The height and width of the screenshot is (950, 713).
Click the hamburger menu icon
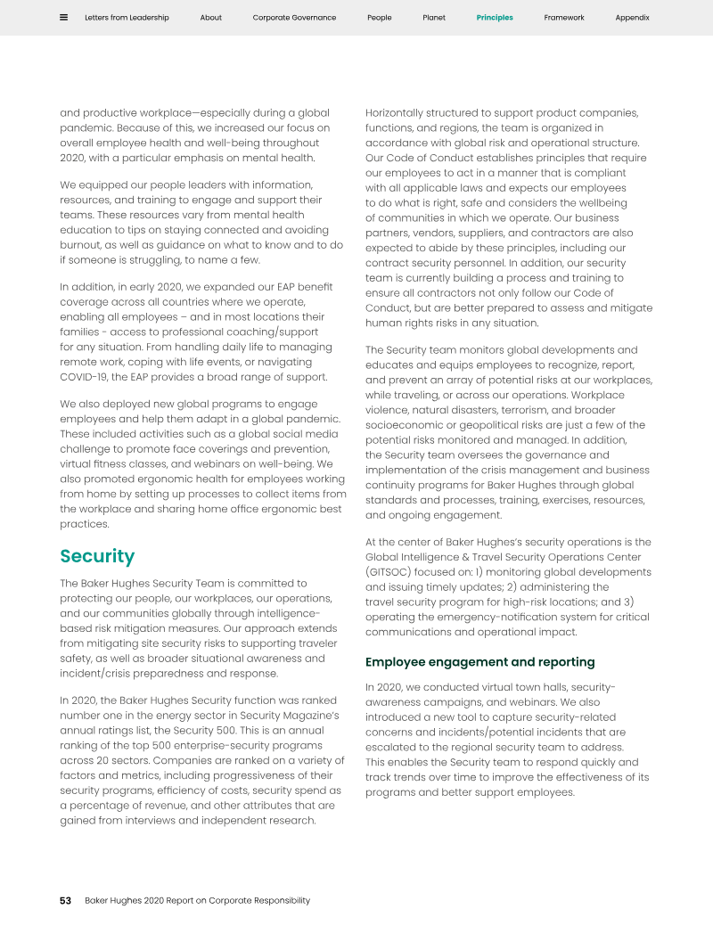(64, 17)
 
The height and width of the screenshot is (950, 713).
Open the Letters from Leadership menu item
(127, 18)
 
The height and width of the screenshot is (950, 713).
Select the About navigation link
(211, 18)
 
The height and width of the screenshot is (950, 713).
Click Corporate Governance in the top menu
(294, 18)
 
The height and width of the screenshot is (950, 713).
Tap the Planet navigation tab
(434, 18)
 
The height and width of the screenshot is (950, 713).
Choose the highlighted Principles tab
(495, 18)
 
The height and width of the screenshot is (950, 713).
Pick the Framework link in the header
(564, 18)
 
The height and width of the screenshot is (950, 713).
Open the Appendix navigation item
(632, 18)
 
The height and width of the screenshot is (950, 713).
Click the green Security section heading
(97, 557)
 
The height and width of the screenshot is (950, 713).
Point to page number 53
(65, 901)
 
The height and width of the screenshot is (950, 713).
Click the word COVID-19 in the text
(84, 377)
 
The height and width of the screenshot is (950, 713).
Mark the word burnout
(84, 245)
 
